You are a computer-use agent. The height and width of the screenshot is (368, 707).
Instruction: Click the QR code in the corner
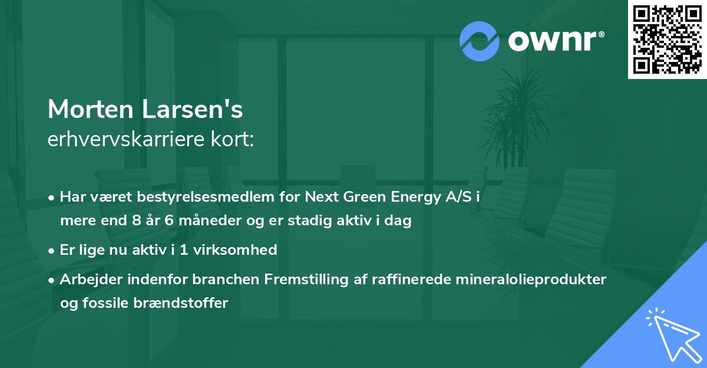[x=667, y=40]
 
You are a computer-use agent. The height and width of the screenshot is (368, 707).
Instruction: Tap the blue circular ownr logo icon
[x=480, y=41]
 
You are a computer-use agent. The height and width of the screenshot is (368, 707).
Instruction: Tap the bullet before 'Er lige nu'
[x=52, y=251]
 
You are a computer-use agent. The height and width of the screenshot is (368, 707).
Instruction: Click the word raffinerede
[x=417, y=280]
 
